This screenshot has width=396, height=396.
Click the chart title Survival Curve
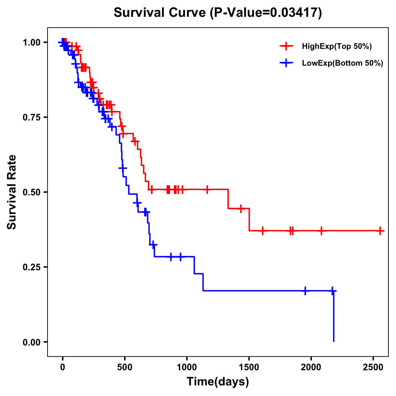160,13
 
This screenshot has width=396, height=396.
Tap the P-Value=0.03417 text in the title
266,13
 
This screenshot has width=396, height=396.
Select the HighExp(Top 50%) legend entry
337,47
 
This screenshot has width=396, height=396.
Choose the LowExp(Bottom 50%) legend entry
342,63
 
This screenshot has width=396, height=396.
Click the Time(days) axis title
218,382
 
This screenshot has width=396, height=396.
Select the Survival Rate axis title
12,192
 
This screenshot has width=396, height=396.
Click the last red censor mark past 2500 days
380,231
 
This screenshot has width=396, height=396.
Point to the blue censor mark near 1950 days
305,291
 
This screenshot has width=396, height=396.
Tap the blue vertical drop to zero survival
334,317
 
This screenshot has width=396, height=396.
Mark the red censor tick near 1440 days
241,209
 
